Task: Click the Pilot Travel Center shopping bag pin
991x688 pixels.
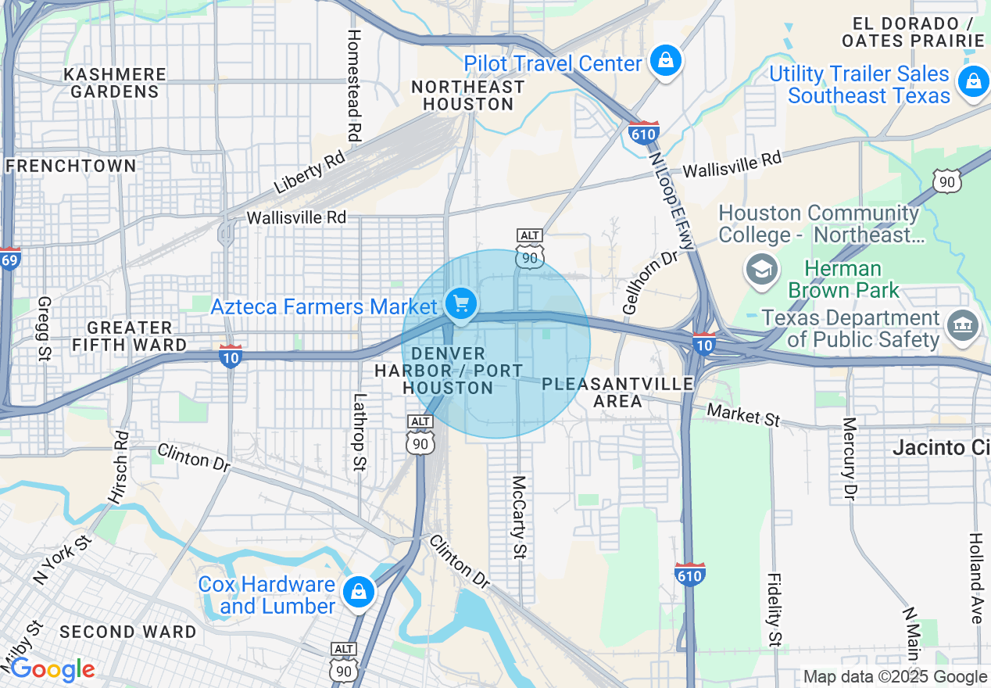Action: coord(665,61)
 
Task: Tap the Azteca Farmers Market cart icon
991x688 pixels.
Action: coord(460,303)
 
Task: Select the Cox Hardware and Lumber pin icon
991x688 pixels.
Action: coord(358,592)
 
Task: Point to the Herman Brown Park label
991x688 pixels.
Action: coord(843,280)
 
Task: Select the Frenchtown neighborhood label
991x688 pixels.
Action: coord(70,166)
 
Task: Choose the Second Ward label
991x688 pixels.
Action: coord(128,632)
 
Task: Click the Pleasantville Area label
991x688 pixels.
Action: coord(617,392)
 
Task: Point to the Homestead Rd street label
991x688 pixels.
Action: coord(354,86)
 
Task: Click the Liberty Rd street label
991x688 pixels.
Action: coord(309,173)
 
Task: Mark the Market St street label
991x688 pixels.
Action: coord(743,414)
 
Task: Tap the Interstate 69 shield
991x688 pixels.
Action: coord(9,259)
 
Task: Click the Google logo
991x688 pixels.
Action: coord(52,670)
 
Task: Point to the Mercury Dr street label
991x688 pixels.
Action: coord(850,457)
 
